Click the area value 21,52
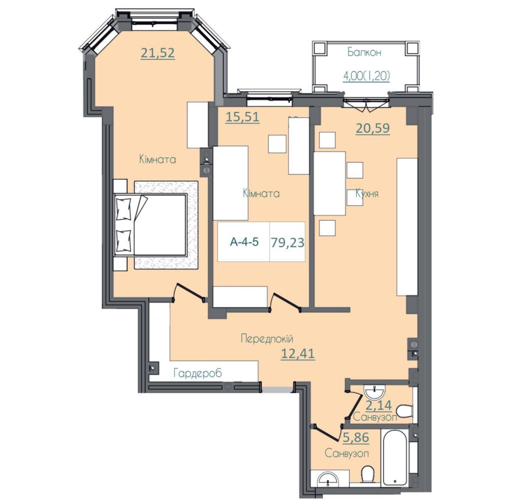tap(158, 53)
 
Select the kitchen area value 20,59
tap(373, 128)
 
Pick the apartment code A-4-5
tap(244, 242)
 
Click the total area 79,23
tap(287, 243)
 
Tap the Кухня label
tap(367, 194)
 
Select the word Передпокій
tap(267, 338)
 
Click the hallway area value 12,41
tap(298, 353)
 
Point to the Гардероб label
tap(198, 373)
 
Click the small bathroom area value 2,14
tap(378, 405)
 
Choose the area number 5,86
tap(356, 437)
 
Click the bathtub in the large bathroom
tap(395, 458)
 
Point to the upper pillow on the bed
tap(124, 209)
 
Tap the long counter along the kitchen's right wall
tap(407, 227)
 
